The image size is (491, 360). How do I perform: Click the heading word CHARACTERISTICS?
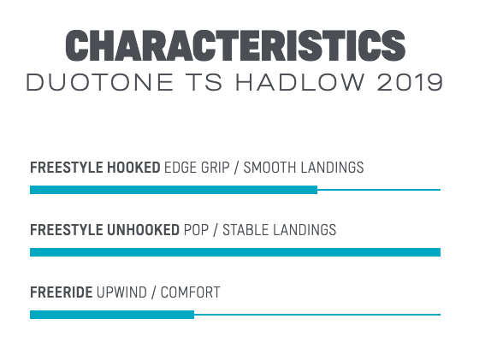click(x=235, y=45)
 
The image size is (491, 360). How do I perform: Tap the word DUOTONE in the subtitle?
click(x=100, y=83)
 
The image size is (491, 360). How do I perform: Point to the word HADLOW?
click(x=300, y=83)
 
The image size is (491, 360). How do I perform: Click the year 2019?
click(x=410, y=83)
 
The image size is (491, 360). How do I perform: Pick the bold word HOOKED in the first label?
click(x=133, y=168)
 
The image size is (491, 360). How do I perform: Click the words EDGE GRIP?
click(x=197, y=168)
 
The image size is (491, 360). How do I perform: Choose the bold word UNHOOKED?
click(x=143, y=230)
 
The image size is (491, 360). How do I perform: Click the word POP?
click(x=196, y=230)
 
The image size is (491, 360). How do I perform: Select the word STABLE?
click(x=245, y=230)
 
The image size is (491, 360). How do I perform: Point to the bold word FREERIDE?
click(x=62, y=292)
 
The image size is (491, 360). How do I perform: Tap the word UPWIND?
click(x=121, y=292)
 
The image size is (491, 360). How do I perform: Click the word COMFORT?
click(x=191, y=292)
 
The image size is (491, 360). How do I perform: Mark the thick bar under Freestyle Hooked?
click(x=174, y=190)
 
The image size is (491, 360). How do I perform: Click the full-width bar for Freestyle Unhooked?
click(x=235, y=252)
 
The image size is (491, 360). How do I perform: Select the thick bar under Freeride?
click(x=112, y=315)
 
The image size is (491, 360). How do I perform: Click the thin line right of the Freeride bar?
click(x=317, y=315)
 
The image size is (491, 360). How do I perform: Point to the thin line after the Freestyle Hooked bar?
click(x=379, y=190)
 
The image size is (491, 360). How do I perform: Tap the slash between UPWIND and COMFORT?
click(x=154, y=292)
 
